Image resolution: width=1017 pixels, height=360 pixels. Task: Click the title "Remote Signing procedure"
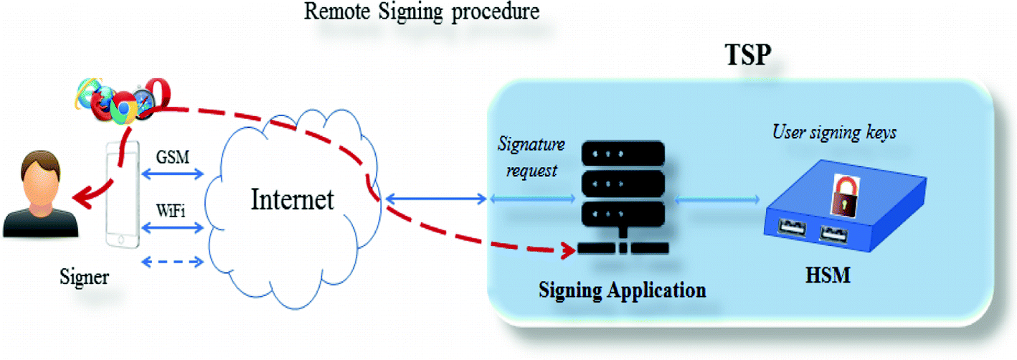click(x=421, y=12)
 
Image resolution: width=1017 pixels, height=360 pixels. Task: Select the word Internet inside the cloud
click(x=292, y=199)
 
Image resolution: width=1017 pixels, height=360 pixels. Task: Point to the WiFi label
click(x=172, y=212)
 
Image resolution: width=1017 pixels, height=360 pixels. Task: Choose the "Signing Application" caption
click(x=623, y=290)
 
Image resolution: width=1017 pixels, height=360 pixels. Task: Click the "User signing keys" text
click(x=833, y=132)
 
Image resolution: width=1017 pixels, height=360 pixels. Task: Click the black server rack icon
click(x=621, y=194)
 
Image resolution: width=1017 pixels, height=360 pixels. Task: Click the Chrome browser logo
click(x=123, y=107)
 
